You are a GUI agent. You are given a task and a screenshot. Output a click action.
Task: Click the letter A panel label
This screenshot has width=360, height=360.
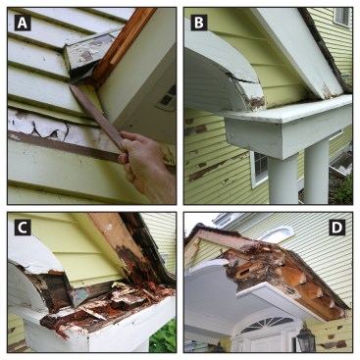tap(23, 23)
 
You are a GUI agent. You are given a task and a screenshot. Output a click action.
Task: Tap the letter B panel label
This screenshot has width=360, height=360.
tap(199, 23)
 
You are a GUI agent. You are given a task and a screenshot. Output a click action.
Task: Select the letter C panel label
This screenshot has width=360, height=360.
tap(23, 228)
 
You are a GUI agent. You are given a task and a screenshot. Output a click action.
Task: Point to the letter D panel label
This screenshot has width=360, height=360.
tap(336, 228)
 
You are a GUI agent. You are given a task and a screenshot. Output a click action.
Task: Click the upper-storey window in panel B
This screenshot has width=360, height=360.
tap(342, 17)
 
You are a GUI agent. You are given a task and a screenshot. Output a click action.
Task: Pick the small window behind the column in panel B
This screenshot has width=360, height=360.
tap(260, 169)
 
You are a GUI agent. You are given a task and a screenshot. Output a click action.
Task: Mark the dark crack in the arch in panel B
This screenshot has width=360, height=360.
tap(243, 78)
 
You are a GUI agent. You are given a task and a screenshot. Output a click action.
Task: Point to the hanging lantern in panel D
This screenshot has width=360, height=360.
tap(306, 337)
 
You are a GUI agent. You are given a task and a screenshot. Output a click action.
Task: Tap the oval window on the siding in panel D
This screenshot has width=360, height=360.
tap(278, 234)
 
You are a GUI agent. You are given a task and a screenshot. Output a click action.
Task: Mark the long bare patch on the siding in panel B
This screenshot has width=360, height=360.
tap(209, 171)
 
